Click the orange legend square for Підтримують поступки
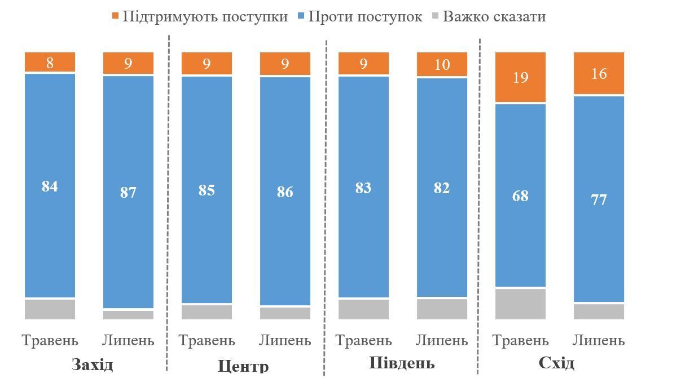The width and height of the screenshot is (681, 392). click(x=116, y=16)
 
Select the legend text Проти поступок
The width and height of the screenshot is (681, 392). click(x=365, y=16)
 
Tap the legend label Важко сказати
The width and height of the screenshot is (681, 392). click(x=494, y=16)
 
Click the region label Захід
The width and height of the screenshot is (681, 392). click(x=93, y=364)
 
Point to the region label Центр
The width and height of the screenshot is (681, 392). click(x=243, y=366)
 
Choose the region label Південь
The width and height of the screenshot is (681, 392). click(x=402, y=363)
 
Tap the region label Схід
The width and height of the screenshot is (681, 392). click(x=556, y=363)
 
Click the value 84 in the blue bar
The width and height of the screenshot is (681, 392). click(x=50, y=186)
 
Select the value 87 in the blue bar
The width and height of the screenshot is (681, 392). click(x=128, y=193)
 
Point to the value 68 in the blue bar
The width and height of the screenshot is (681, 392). click(x=520, y=196)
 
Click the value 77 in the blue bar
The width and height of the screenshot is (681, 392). click(x=599, y=200)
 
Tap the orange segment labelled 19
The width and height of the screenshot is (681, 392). click(x=520, y=77)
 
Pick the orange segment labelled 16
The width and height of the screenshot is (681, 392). click(x=599, y=74)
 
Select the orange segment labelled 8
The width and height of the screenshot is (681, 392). click(x=50, y=63)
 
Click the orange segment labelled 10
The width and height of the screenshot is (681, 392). click(x=442, y=64)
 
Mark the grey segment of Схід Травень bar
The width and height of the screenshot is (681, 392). click(x=520, y=304)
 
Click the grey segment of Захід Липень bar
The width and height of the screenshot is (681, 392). click(x=128, y=315)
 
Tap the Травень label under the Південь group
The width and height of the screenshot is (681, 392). click(x=363, y=340)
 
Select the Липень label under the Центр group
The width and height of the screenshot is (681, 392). click(x=285, y=340)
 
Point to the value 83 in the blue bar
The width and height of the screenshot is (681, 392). click(x=363, y=188)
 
